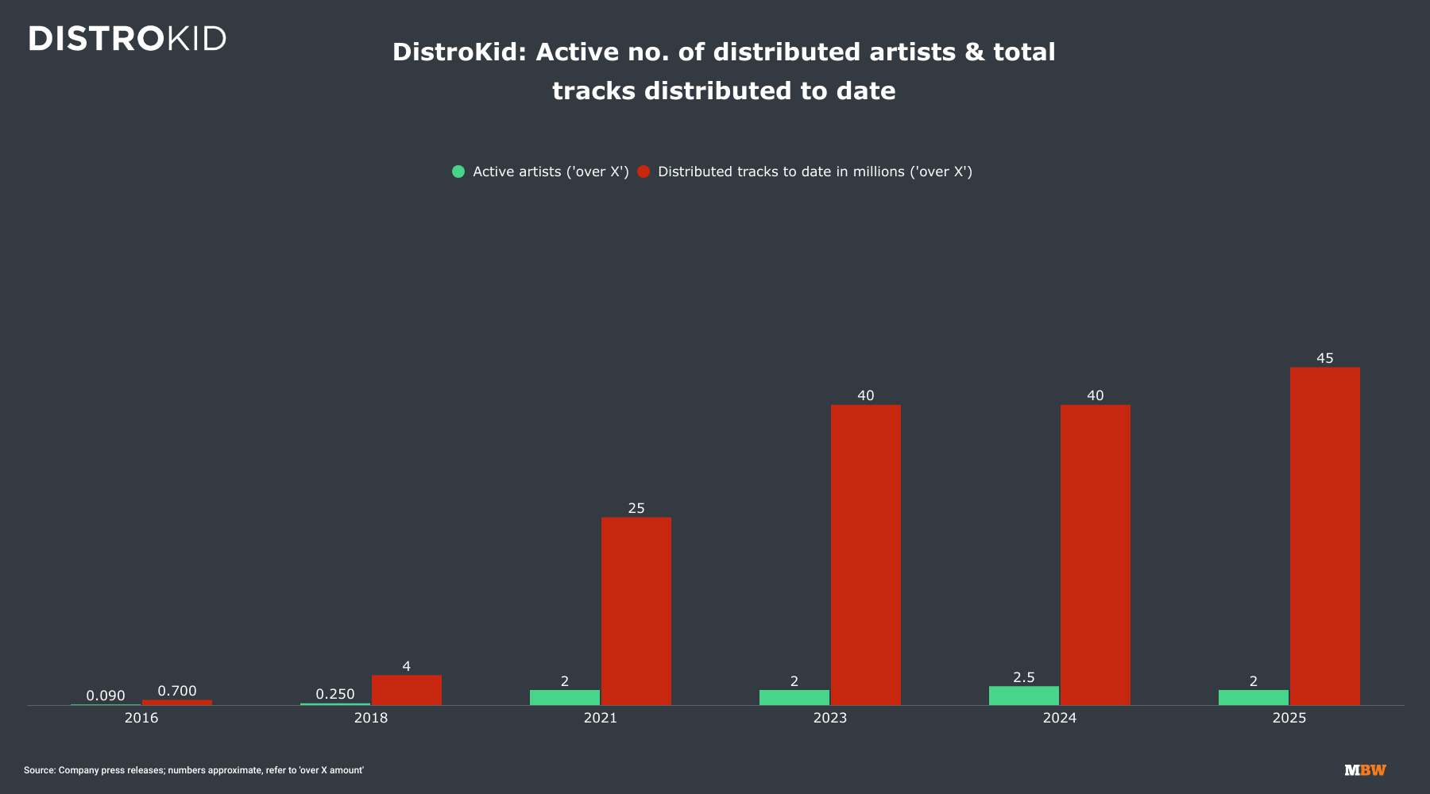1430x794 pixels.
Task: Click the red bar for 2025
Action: point(1324,536)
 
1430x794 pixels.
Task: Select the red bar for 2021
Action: point(636,611)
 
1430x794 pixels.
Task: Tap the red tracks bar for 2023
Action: point(865,555)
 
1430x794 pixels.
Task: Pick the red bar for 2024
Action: point(1095,555)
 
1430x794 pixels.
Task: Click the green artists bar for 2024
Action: point(1023,696)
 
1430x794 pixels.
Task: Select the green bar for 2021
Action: point(564,697)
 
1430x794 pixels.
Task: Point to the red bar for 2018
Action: point(406,690)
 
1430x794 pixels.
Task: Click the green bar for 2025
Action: point(1253,697)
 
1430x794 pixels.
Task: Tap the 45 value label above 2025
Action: point(1324,358)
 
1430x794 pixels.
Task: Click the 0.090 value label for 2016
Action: point(106,696)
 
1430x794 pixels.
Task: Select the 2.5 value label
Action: point(1023,677)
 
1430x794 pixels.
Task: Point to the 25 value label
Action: point(636,508)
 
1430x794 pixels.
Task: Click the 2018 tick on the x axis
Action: point(371,718)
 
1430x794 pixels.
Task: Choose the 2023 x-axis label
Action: point(829,718)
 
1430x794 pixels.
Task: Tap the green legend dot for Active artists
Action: point(458,172)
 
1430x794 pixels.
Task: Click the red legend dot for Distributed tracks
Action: point(643,172)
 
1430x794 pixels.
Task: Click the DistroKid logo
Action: point(127,38)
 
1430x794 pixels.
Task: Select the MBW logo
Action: point(1365,770)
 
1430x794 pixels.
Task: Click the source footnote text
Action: point(194,770)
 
